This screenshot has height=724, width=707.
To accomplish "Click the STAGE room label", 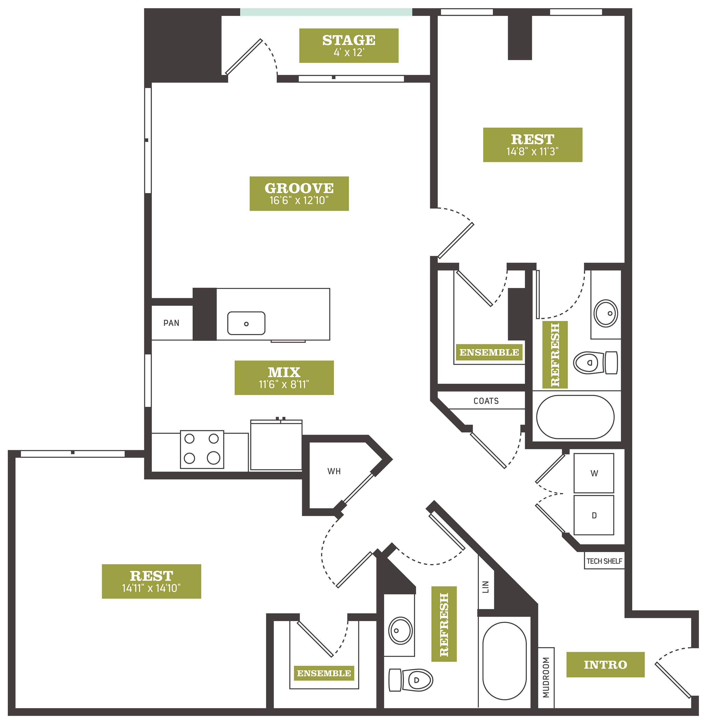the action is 349,40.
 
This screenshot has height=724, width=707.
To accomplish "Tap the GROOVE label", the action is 299,188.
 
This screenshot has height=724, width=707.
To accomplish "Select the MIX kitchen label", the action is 284,372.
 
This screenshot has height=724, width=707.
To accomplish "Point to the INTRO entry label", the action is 605,665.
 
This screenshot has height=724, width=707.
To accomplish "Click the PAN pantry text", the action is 171,323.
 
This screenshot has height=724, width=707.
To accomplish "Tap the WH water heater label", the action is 334,471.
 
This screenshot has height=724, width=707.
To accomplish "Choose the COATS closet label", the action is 486,401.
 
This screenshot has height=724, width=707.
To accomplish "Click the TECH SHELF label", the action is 604,561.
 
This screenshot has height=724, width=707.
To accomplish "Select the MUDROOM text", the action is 546,678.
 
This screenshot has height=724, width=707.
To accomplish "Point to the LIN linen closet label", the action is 486,587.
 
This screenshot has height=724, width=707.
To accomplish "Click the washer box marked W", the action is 594,473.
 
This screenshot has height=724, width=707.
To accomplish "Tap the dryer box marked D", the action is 594,515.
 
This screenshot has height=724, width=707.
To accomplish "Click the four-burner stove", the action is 202,449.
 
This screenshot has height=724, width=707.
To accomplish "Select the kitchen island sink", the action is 246,323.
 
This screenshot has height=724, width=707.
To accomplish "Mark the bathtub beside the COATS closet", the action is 575,417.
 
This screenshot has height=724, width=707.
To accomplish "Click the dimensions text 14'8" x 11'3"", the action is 532,151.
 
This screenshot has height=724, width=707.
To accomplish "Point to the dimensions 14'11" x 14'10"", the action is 151,588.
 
